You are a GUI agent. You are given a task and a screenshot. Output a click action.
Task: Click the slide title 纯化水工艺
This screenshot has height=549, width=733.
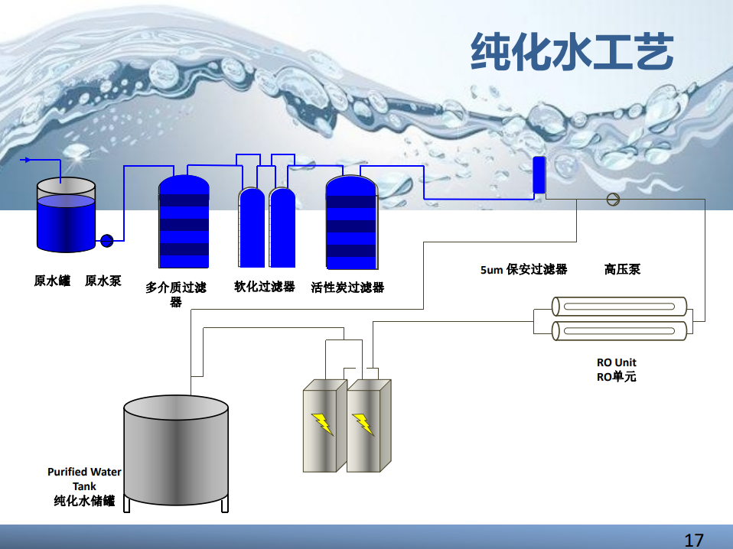[x=572, y=52]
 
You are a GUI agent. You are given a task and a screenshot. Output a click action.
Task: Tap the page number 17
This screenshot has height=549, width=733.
[x=693, y=540]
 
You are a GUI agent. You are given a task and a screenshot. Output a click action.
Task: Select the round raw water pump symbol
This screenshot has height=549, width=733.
[x=106, y=241]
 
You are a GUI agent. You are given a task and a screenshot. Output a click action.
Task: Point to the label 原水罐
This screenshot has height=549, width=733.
[x=52, y=281]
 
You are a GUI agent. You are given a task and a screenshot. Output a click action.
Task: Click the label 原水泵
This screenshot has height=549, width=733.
[x=103, y=281]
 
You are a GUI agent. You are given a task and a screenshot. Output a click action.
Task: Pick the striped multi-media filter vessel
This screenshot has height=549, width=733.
[x=184, y=222]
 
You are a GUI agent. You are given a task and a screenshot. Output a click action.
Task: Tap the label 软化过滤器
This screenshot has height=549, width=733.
[x=264, y=287]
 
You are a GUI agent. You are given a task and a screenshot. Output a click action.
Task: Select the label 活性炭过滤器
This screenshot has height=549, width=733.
[x=347, y=287]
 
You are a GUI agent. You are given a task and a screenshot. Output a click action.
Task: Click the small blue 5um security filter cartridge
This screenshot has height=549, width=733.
[x=539, y=175]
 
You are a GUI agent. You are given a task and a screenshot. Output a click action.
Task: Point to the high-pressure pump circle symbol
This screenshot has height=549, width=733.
[x=612, y=199]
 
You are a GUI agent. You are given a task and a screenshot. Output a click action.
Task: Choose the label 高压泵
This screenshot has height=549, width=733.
[x=622, y=269]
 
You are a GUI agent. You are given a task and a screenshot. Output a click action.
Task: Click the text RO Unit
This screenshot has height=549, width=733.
[x=616, y=362]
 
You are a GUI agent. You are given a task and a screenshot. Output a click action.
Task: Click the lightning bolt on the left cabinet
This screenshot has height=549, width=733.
[x=322, y=424]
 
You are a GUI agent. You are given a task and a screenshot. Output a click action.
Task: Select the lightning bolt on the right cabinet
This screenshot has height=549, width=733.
[x=363, y=424]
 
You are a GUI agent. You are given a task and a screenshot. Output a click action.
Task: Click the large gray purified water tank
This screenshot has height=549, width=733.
[x=176, y=451]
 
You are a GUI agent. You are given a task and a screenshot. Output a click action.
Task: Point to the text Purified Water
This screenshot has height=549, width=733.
[x=84, y=472]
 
